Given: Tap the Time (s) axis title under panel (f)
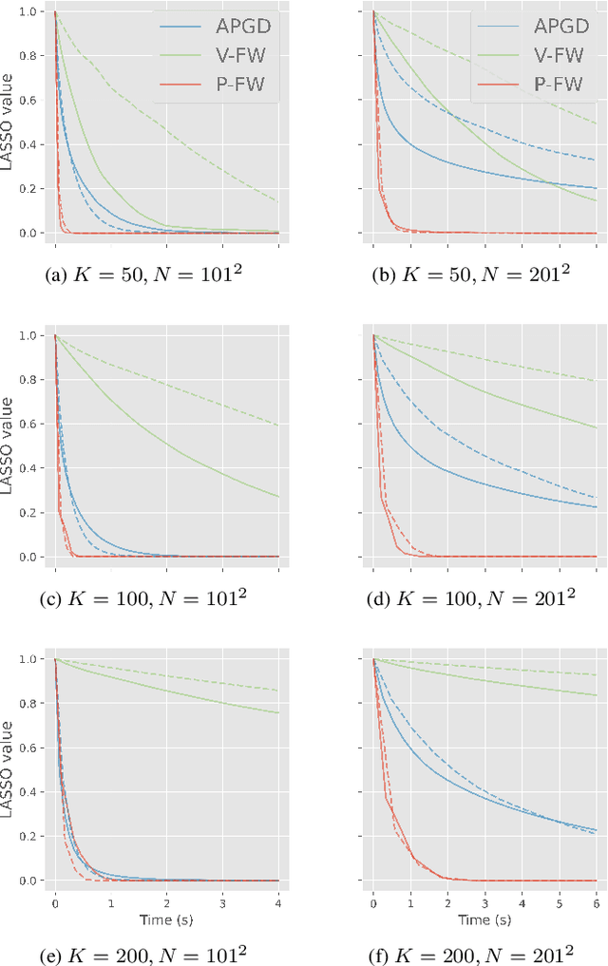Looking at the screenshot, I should tap(484, 919).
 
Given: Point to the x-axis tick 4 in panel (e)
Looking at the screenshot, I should tap(278, 899).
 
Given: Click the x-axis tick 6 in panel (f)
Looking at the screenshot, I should tap(596, 899).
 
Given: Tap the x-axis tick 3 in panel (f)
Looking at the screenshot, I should tap(484, 899).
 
